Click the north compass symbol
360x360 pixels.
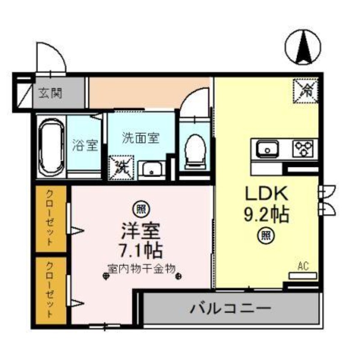point(302,46)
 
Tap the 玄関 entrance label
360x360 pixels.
point(50,94)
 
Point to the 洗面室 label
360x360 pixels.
point(140,138)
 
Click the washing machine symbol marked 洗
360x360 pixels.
point(121,167)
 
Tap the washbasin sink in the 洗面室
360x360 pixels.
point(153,170)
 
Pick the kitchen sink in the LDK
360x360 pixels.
point(267,148)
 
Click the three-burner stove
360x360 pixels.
point(305,148)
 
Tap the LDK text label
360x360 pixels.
point(266,194)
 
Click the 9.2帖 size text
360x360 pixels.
point(266,215)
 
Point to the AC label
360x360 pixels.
point(302,266)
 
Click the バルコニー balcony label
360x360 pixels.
point(230,309)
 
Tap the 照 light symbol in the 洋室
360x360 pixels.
point(140,209)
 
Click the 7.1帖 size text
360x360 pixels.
point(140,249)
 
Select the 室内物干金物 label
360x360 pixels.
point(140,268)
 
